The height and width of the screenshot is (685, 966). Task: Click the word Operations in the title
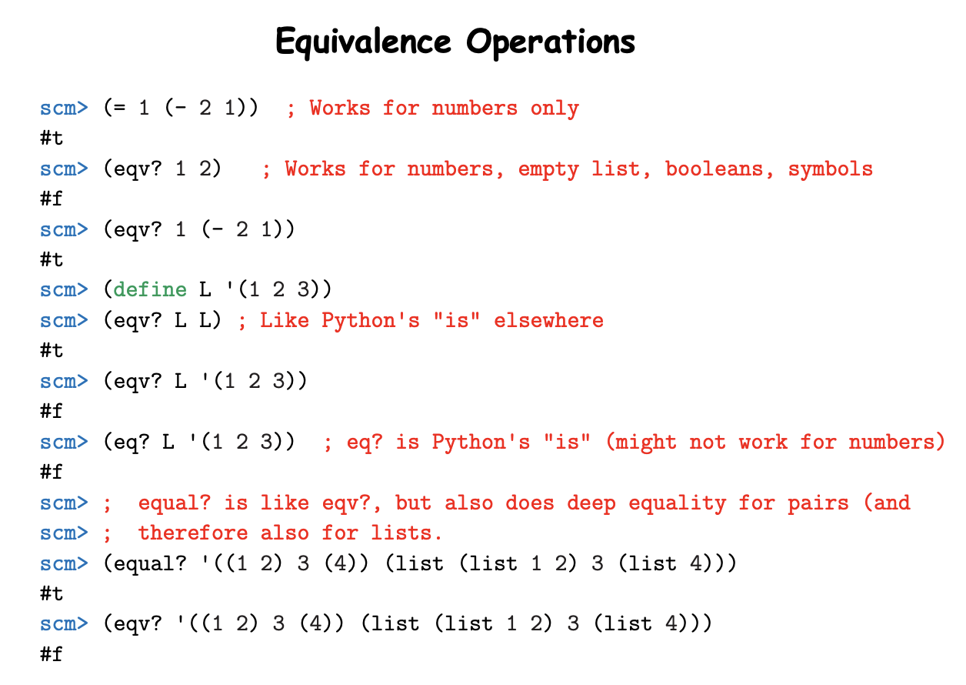(551, 42)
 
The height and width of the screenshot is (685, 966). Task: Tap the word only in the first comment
(555, 109)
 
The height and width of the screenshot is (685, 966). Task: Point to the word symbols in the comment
(831, 169)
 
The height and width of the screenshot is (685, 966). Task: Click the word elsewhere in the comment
(548, 320)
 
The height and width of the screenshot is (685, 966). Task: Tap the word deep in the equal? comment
(591, 503)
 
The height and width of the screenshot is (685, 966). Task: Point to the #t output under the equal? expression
(52, 594)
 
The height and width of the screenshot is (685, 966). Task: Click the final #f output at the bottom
(52, 655)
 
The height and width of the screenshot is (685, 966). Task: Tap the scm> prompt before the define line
(64, 290)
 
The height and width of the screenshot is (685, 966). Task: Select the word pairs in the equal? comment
(818, 503)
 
